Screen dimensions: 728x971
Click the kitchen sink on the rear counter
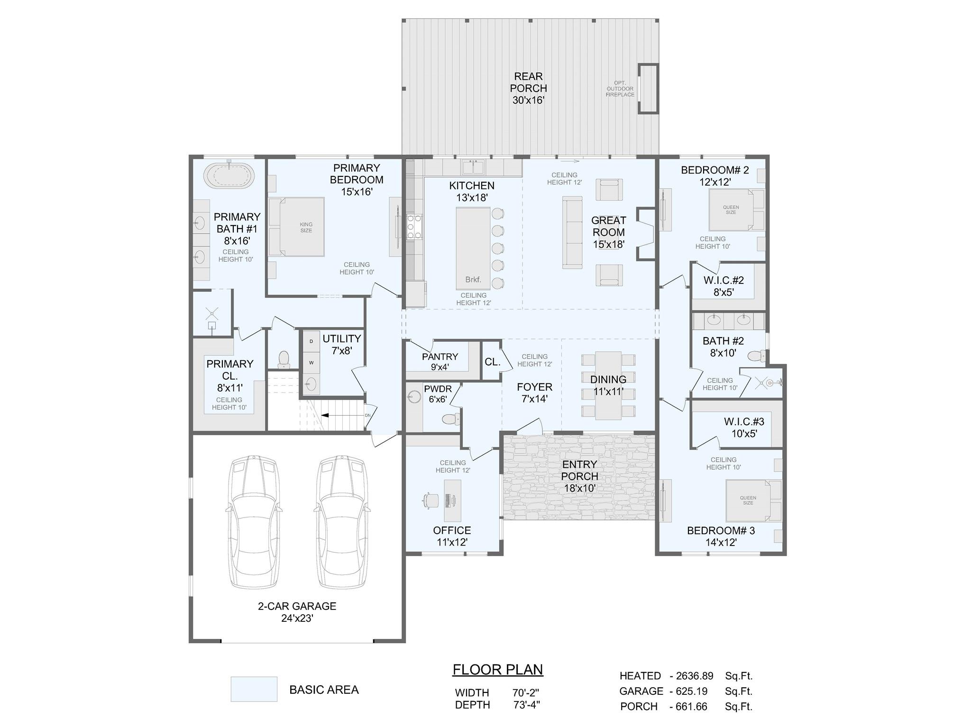click(473, 167)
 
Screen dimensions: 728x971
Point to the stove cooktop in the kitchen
click(414, 227)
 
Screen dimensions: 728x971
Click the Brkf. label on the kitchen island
click(473, 280)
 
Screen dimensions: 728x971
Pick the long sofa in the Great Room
click(572, 232)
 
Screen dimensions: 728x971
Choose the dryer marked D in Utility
click(311, 341)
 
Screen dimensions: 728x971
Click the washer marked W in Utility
click(311, 363)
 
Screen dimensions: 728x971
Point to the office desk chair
click(431, 500)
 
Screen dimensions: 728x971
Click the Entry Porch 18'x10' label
click(579, 476)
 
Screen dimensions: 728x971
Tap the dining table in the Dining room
click(608, 385)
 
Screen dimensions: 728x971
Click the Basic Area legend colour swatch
click(254, 689)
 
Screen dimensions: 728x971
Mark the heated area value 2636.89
click(695, 676)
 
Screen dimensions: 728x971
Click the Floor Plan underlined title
click(497, 670)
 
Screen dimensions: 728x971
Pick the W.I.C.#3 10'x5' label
click(743, 427)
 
